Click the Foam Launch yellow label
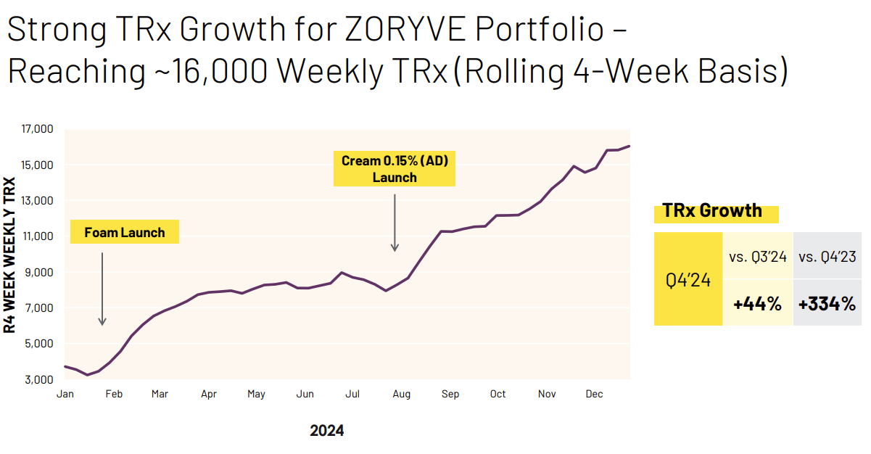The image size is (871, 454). pos(125,233)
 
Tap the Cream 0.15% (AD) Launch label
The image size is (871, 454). pos(395,168)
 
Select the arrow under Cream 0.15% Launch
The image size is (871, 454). pos(395,222)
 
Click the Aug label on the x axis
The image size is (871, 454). pos(401,394)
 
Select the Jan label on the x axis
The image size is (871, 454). pos(65,394)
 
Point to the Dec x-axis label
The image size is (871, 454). pos(594,394)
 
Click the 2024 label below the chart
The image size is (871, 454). pos(327,431)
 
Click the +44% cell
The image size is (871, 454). pos(757,304)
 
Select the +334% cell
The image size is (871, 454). pos(827,304)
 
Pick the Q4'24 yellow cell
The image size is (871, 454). pos(688,280)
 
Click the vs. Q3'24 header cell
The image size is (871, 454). pos(757,256)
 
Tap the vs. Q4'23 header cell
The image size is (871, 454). pos(827,256)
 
